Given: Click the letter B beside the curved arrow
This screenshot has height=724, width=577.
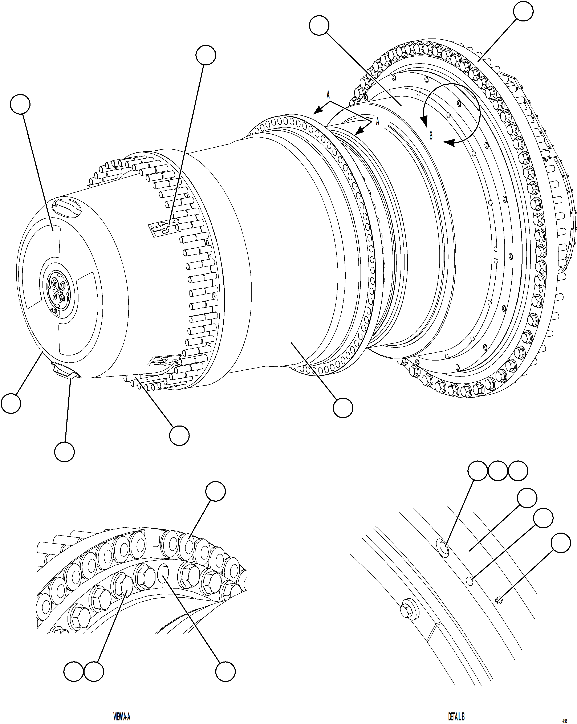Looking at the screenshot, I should (431, 136).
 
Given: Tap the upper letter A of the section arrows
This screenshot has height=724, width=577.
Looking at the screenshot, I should (328, 95).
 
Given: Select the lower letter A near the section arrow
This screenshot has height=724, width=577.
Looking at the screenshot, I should (377, 122).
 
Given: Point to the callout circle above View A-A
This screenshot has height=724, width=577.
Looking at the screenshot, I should (215, 492).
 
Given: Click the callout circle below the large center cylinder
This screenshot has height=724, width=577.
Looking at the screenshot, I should (343, 408).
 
